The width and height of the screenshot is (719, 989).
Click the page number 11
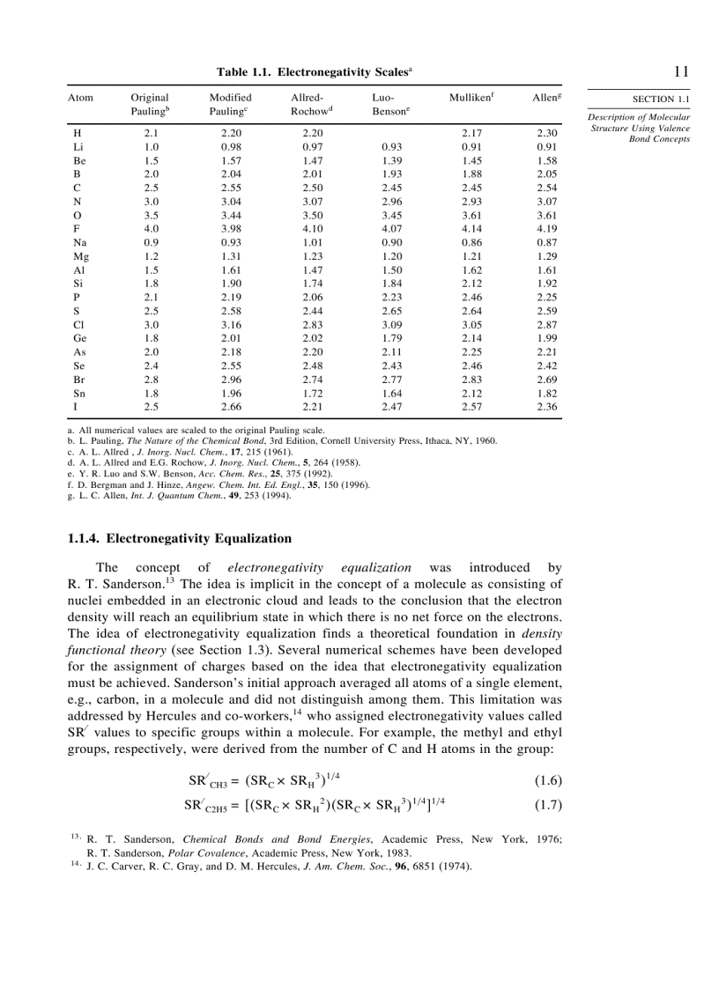(x=680, y=71)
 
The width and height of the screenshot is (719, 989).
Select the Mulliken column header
(x=471, y=98)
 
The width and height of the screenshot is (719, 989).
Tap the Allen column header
(x=546, y=98)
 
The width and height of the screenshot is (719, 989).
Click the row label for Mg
(x=81, y=255)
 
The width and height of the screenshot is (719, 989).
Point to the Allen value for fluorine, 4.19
(x=547, y=229)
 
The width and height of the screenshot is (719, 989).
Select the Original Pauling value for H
(x=151, y=133)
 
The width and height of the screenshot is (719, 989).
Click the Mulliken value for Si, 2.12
(x=472, y=282)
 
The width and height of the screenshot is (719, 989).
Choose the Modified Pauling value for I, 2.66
(x=231, y=407)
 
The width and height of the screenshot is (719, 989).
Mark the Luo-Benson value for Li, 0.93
(x=392, y=146)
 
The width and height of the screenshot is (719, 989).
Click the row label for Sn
(x=80, y=393)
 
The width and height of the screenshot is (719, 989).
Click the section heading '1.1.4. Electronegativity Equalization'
(x=180, y=538)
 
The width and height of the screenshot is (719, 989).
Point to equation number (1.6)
(x=548, y=780)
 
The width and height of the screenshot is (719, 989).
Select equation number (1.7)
(x=548, y=804)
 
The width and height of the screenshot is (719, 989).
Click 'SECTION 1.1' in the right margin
(x=660, y=100)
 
